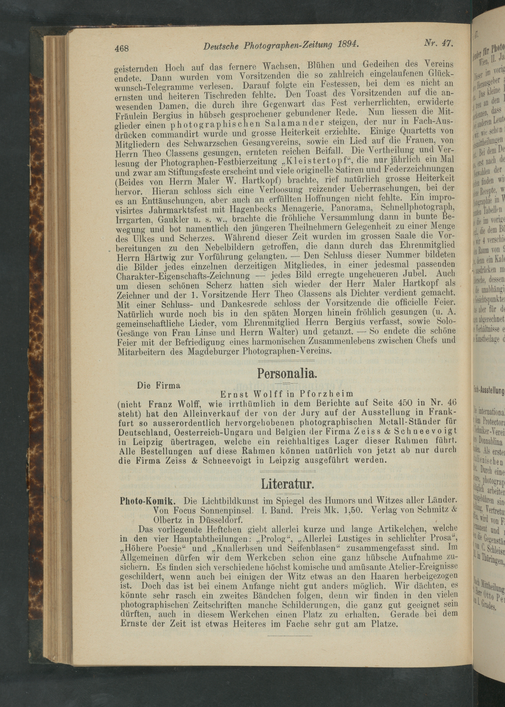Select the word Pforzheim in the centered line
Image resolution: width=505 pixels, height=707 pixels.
coord(327,394)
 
